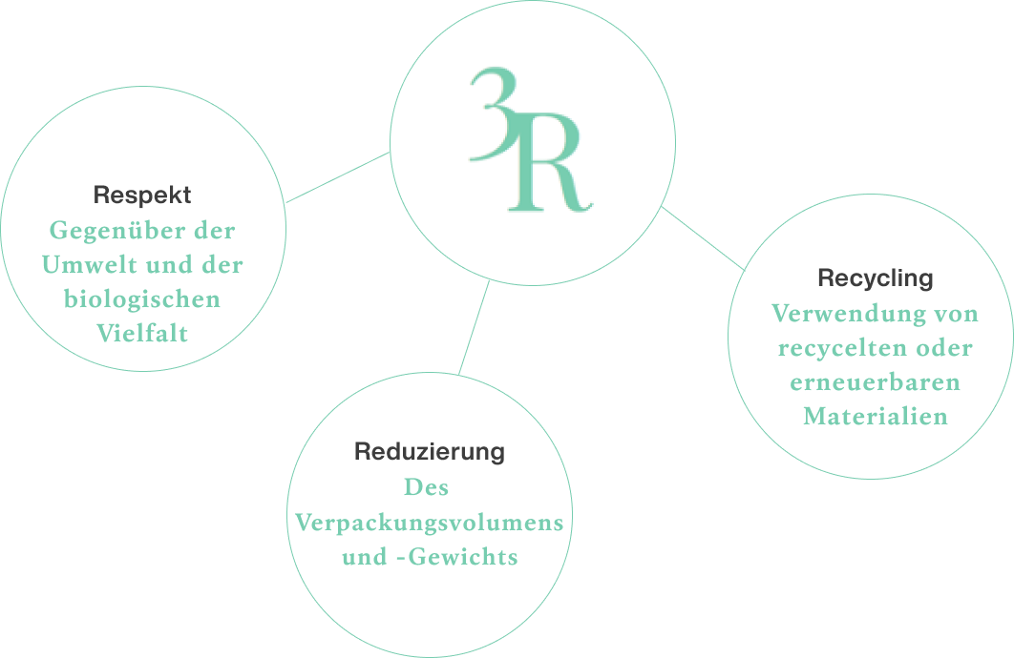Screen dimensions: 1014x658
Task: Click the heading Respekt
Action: tap(142, 195)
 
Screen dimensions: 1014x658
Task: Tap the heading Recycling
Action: tap(875, 278)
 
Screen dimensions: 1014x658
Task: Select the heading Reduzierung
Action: tap(430, 451)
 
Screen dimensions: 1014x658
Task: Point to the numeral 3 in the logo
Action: tap(494, 113)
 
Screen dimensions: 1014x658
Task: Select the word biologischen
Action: tap(142, 299)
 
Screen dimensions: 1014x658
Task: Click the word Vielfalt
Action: tap(142, 334)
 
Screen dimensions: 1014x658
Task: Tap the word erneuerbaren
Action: tap(875, 382)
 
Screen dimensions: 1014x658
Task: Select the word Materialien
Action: tap(875, 417)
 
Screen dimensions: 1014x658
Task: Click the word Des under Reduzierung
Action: tap(426, 487)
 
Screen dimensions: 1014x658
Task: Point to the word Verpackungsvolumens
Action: tap(430, 523)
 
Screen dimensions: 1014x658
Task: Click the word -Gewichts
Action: tap(456, 557)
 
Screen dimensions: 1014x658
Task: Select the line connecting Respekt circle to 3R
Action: tap(338, 177)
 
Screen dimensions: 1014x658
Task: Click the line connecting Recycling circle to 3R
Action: tap(703, 238)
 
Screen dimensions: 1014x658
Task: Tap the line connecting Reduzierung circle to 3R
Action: tap(474, 327)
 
